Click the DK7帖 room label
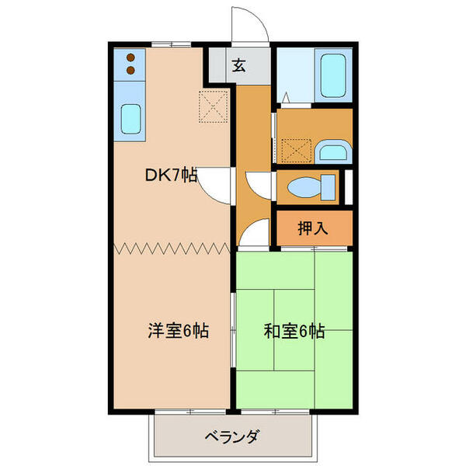[x=171, y=176]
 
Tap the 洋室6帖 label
[x=178, y=330]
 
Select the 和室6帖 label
[x=294, y=331]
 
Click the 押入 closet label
[x=313, y=228]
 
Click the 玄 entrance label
[x=238, y=66]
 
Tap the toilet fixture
[x=309, y=188]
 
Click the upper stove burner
[x=130, y=57]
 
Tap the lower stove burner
[x=130, y=71]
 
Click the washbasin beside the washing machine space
[x=333, y=150]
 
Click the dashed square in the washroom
[x=295, y=148]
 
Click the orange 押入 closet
[x=314, y=228]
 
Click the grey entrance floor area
[x=239, y=66]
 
